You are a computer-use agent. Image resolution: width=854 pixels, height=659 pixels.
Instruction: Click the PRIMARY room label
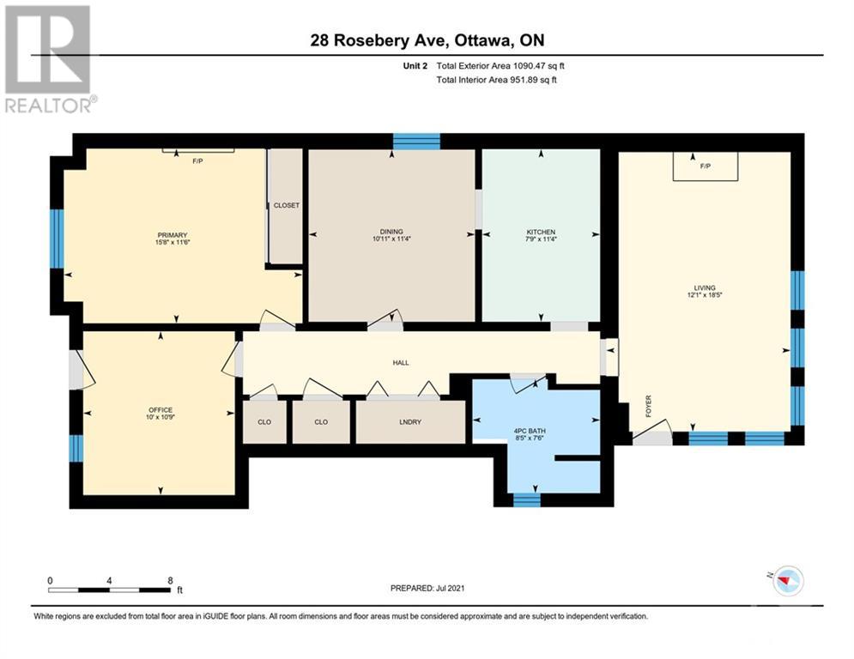[172, 235]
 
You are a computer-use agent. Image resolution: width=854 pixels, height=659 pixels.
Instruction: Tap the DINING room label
[391, 232]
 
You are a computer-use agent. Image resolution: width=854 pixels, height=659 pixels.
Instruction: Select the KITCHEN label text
[541, 233]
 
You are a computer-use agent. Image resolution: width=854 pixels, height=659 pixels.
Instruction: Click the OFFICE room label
[161, 410]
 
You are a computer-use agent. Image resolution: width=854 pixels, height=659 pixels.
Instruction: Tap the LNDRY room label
[410, 422]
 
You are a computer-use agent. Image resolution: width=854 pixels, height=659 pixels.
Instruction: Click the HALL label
[401, 363]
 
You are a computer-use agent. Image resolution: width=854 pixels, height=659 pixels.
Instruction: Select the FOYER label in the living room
[649, 406]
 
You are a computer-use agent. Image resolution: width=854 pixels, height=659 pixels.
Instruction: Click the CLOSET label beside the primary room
[287, 206]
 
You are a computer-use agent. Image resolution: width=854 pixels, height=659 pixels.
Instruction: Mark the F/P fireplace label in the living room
[705, 166]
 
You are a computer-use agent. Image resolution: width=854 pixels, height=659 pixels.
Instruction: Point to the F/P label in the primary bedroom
[197, 160]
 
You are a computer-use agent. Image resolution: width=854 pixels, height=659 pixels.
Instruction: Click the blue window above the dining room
[416, 142]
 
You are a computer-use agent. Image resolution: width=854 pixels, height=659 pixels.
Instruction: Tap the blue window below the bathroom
[526, 499]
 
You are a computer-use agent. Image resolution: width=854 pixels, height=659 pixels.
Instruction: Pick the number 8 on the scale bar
[170, 580]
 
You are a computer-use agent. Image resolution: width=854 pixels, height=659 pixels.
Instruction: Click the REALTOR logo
[49, 59]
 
